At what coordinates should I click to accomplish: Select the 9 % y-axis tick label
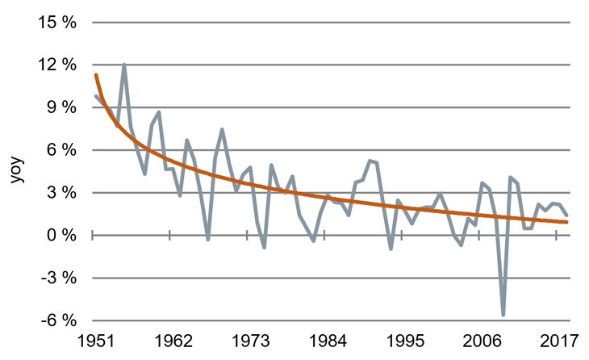[x=61, y=107]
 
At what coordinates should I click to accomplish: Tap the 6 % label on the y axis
[x=61, y=150]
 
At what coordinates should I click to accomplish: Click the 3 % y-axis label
[x=61, y=193]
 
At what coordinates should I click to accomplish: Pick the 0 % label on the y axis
[x=61, y=235]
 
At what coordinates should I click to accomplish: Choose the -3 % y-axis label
[x=59, y=278]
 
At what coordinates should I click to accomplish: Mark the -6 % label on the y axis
[x=59, y=320]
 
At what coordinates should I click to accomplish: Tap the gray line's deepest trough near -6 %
[x=503, y=315]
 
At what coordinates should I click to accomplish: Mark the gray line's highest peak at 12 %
[x=123, y=65]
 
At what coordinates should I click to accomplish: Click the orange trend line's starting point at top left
[x=95, y=75]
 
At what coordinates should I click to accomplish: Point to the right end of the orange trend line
[x=567, y=222]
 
